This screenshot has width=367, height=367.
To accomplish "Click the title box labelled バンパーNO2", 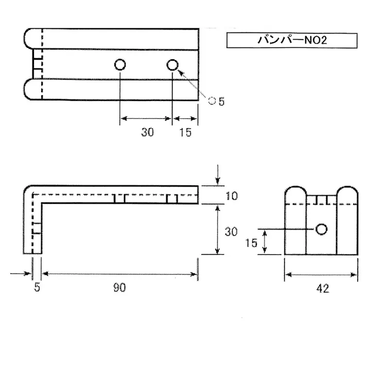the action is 292,41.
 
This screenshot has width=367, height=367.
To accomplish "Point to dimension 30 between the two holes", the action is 147,132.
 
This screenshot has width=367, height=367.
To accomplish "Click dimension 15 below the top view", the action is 185,132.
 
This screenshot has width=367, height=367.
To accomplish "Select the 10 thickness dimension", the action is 232,196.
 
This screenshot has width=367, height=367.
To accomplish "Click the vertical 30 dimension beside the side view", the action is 231,232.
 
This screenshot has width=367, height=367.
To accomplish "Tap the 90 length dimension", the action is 119,287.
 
